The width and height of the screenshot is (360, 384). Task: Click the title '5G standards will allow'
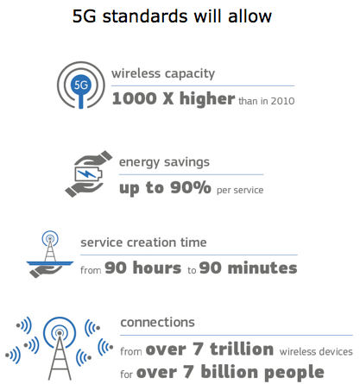pos(172,16)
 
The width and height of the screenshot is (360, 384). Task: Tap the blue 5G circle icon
pos(81,85)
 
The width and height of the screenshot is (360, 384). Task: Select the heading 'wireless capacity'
pos(163,74)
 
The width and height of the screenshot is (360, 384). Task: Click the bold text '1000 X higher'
pos(174,98)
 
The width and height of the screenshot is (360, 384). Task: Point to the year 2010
pos(282,101)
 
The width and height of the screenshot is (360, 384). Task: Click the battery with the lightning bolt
pos(88,173)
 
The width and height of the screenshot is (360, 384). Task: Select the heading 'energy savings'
pos(164,162)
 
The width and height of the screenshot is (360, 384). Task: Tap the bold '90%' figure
pos(191,187)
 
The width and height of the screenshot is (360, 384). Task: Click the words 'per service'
pos(240,191)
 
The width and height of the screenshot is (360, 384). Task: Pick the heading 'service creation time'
pos(143,242)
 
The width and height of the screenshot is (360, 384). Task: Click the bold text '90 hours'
pos(143,268)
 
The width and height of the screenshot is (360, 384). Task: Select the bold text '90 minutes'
pos(248,268)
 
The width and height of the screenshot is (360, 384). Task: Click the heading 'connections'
pos(157,323)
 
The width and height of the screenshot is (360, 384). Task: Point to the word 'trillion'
pos(242,349)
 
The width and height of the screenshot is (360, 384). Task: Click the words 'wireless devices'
pos(316,351)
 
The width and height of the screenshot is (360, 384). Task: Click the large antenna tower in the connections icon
pos(60,356)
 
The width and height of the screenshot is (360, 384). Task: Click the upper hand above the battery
pos(93,158)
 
